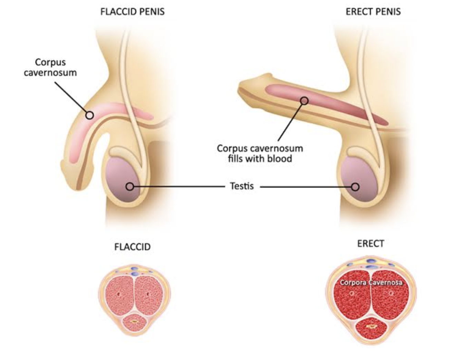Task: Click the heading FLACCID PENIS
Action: (x=132, y=12)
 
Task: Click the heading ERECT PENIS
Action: (x=373, y=12)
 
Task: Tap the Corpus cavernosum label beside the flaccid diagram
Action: (x=50, y=68)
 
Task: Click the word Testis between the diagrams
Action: (x=242, y=186)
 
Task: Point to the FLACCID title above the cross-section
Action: (x=132, y=247)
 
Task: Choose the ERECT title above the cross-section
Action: (x=370, y=243)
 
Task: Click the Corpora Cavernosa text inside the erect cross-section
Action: (x=371, y=282)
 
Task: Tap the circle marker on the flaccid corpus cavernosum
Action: (x=90, y=115)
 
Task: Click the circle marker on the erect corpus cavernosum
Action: (x=304, y=101)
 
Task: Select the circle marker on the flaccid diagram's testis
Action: (x=130, y=187)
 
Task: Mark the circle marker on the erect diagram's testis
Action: (x=355, y=187)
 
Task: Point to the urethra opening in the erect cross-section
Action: (x=371, y=326)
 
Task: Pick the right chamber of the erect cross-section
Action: (x=390, y=298)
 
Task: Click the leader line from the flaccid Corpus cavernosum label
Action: (x=71, y=97)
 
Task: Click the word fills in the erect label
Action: (x=235, y=159)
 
